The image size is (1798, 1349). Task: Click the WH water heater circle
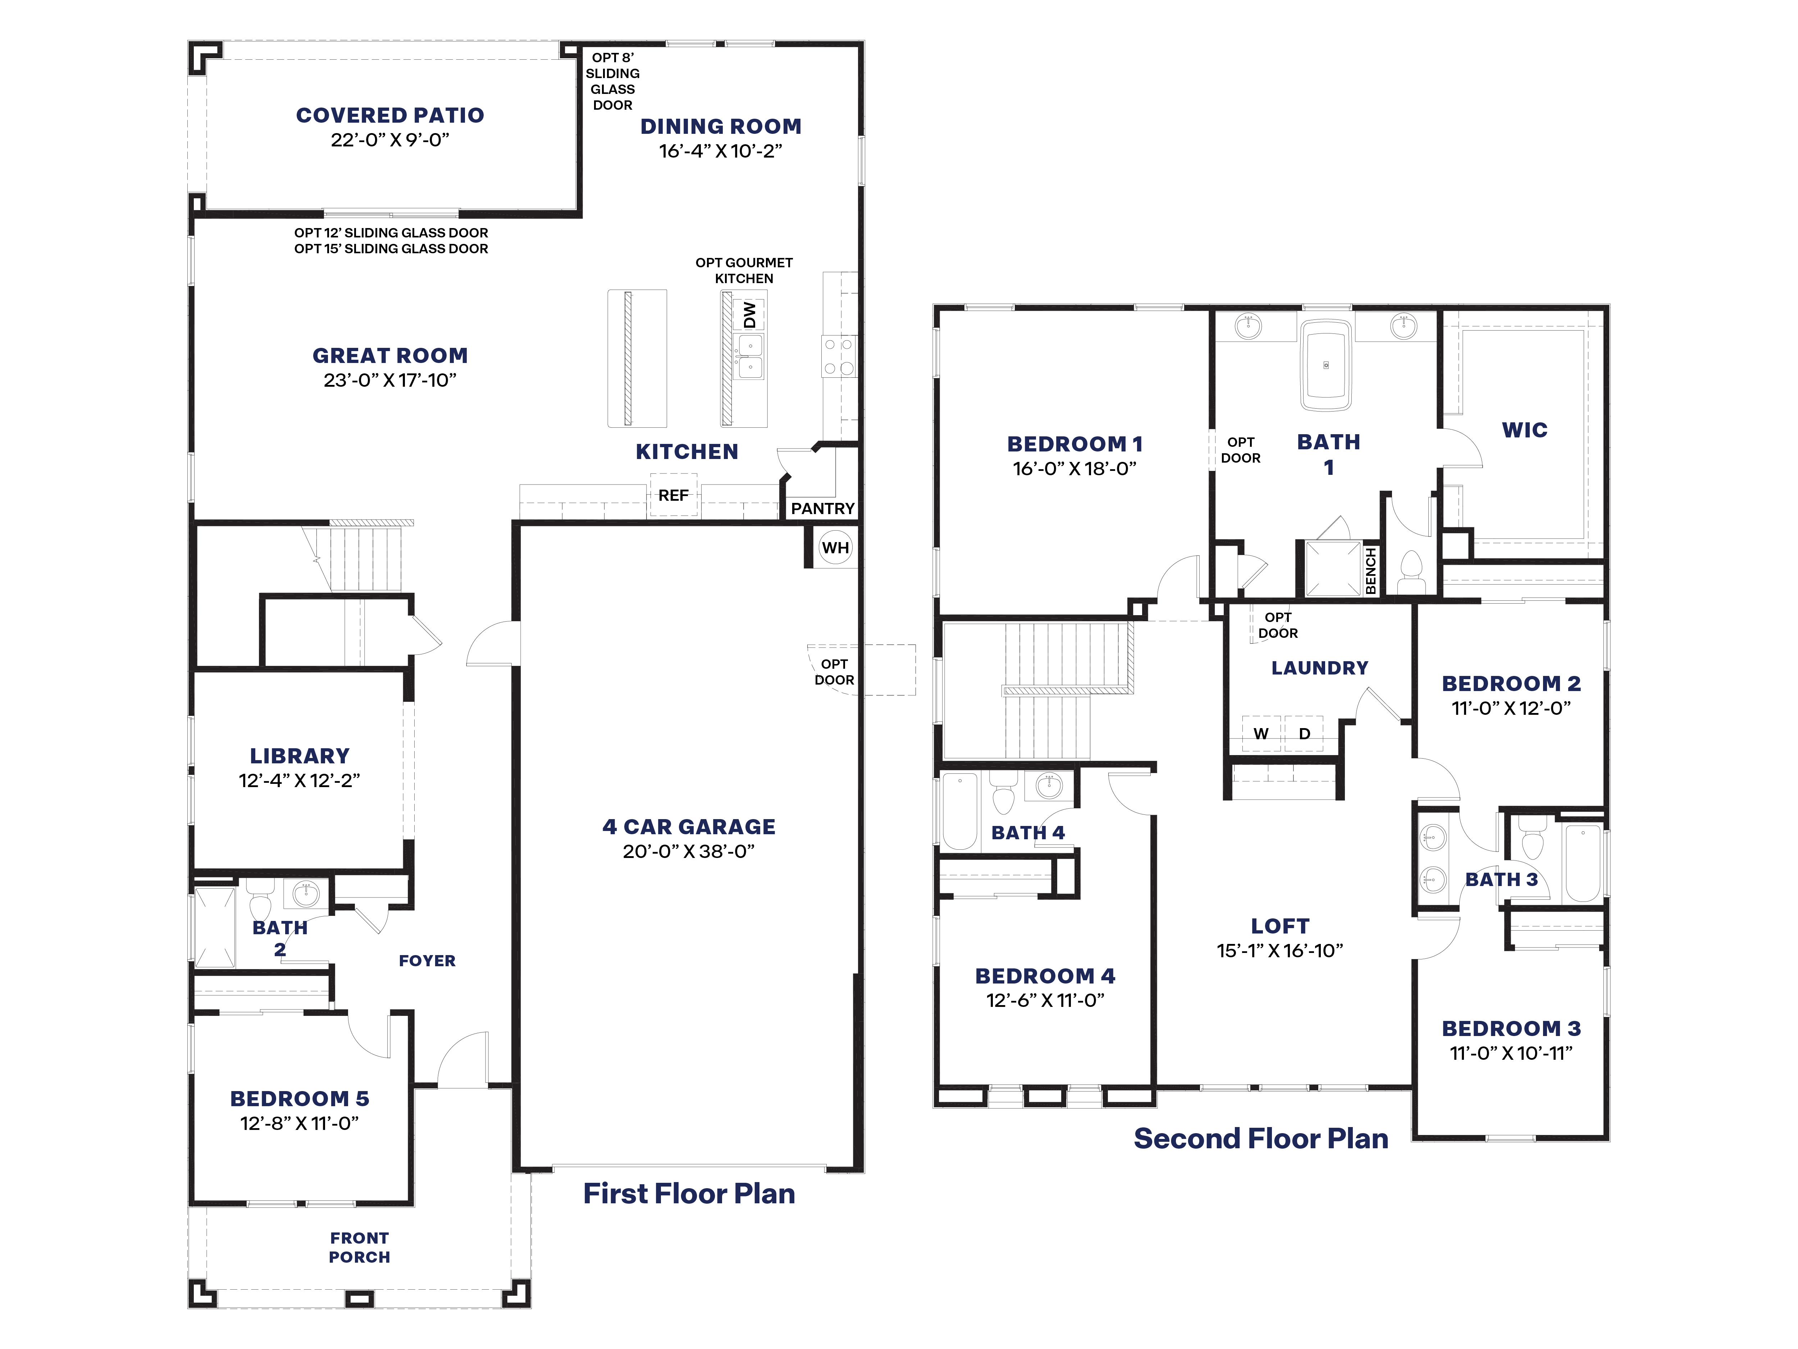tap(835, 547)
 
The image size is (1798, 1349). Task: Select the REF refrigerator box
tap(673, 495)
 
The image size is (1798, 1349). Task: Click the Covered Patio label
tap(390, 115)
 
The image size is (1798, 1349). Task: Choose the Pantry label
tap(823, 508)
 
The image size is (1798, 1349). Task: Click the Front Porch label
tap(359, 1247)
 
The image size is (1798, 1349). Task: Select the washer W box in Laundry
tap(1261, 733)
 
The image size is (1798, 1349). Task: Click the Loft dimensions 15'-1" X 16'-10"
tap(1279, 950)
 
